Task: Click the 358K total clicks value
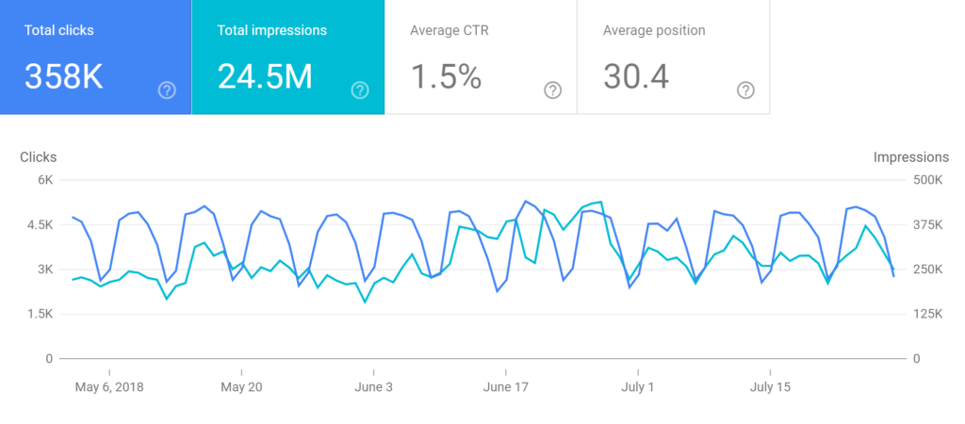[64, 76]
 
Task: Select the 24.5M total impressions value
[265, 76]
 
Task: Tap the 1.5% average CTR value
[446, 76]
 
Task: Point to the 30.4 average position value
[636, 76]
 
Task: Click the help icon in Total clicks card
[167, 90]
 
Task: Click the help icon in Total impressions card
[360, 90]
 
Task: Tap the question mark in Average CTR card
[553, 90]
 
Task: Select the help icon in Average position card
[745, 90]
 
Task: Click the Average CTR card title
[450, 30]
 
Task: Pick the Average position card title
[654, 30]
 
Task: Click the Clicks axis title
[39, 157]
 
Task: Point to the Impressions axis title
[911, 157]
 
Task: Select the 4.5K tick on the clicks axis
[38, 225]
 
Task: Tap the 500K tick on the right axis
[927, 180]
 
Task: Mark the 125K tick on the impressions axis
[927, 314]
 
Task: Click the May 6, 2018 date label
[109, 387]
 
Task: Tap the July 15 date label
[771, 387]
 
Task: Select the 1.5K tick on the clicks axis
[38, 314]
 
